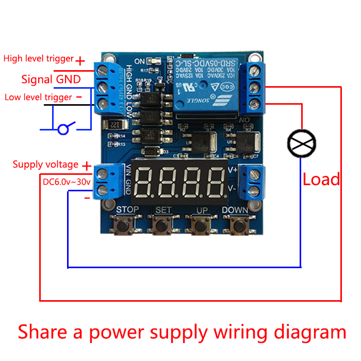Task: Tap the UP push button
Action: tap(201, 225)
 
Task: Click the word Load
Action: tap(321, 179)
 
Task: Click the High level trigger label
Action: tap(39, 59)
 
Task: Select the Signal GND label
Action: tap(51, 79)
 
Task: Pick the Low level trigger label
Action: tap(38, 97)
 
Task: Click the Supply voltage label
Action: tap(45, 165)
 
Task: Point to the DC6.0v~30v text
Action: tap(65, 182)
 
